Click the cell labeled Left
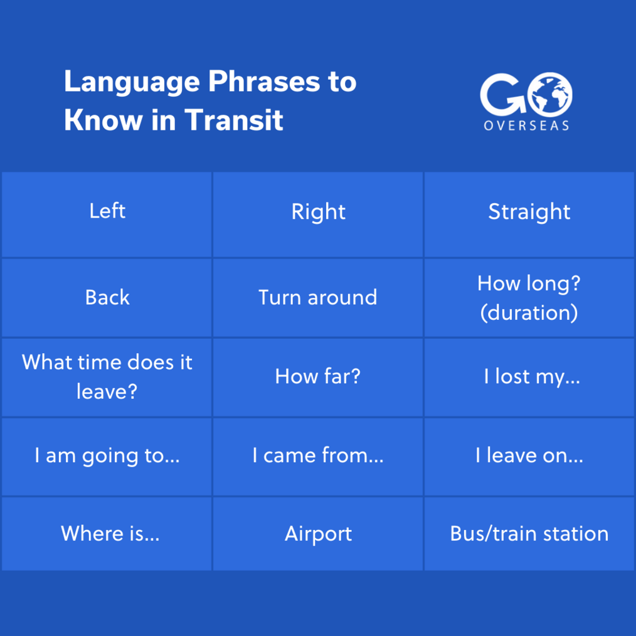[x=107, y=215]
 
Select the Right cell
[x=318, y=215]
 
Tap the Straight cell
[x=529, y=215]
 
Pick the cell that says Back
[x=107, y=298]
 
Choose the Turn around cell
[x=318, y=298]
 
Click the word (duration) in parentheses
[x=529, y=313]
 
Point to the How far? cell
[x=318, y=377]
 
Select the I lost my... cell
[x=529, y=377]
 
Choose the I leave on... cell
[x=529, y=457]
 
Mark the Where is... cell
[x=107, y=534]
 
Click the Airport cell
[x=318, y=534]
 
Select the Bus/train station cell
[x=529, y=534]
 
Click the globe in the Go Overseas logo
[x=550, y=95]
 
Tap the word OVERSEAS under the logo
[x=526, y=125]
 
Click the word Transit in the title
[x=233, y=120]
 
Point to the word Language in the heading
[x=132, y=83]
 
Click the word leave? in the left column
[x=107, y=392]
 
